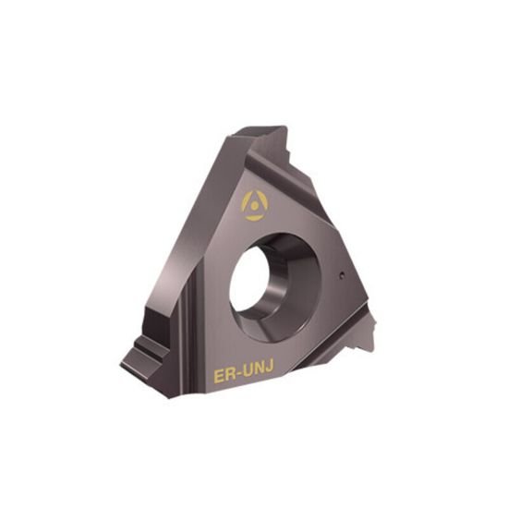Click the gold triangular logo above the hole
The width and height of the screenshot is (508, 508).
pos(252,202)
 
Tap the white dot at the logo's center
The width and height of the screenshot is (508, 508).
pos(252,203)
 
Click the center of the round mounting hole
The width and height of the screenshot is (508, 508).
pos(274,276)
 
